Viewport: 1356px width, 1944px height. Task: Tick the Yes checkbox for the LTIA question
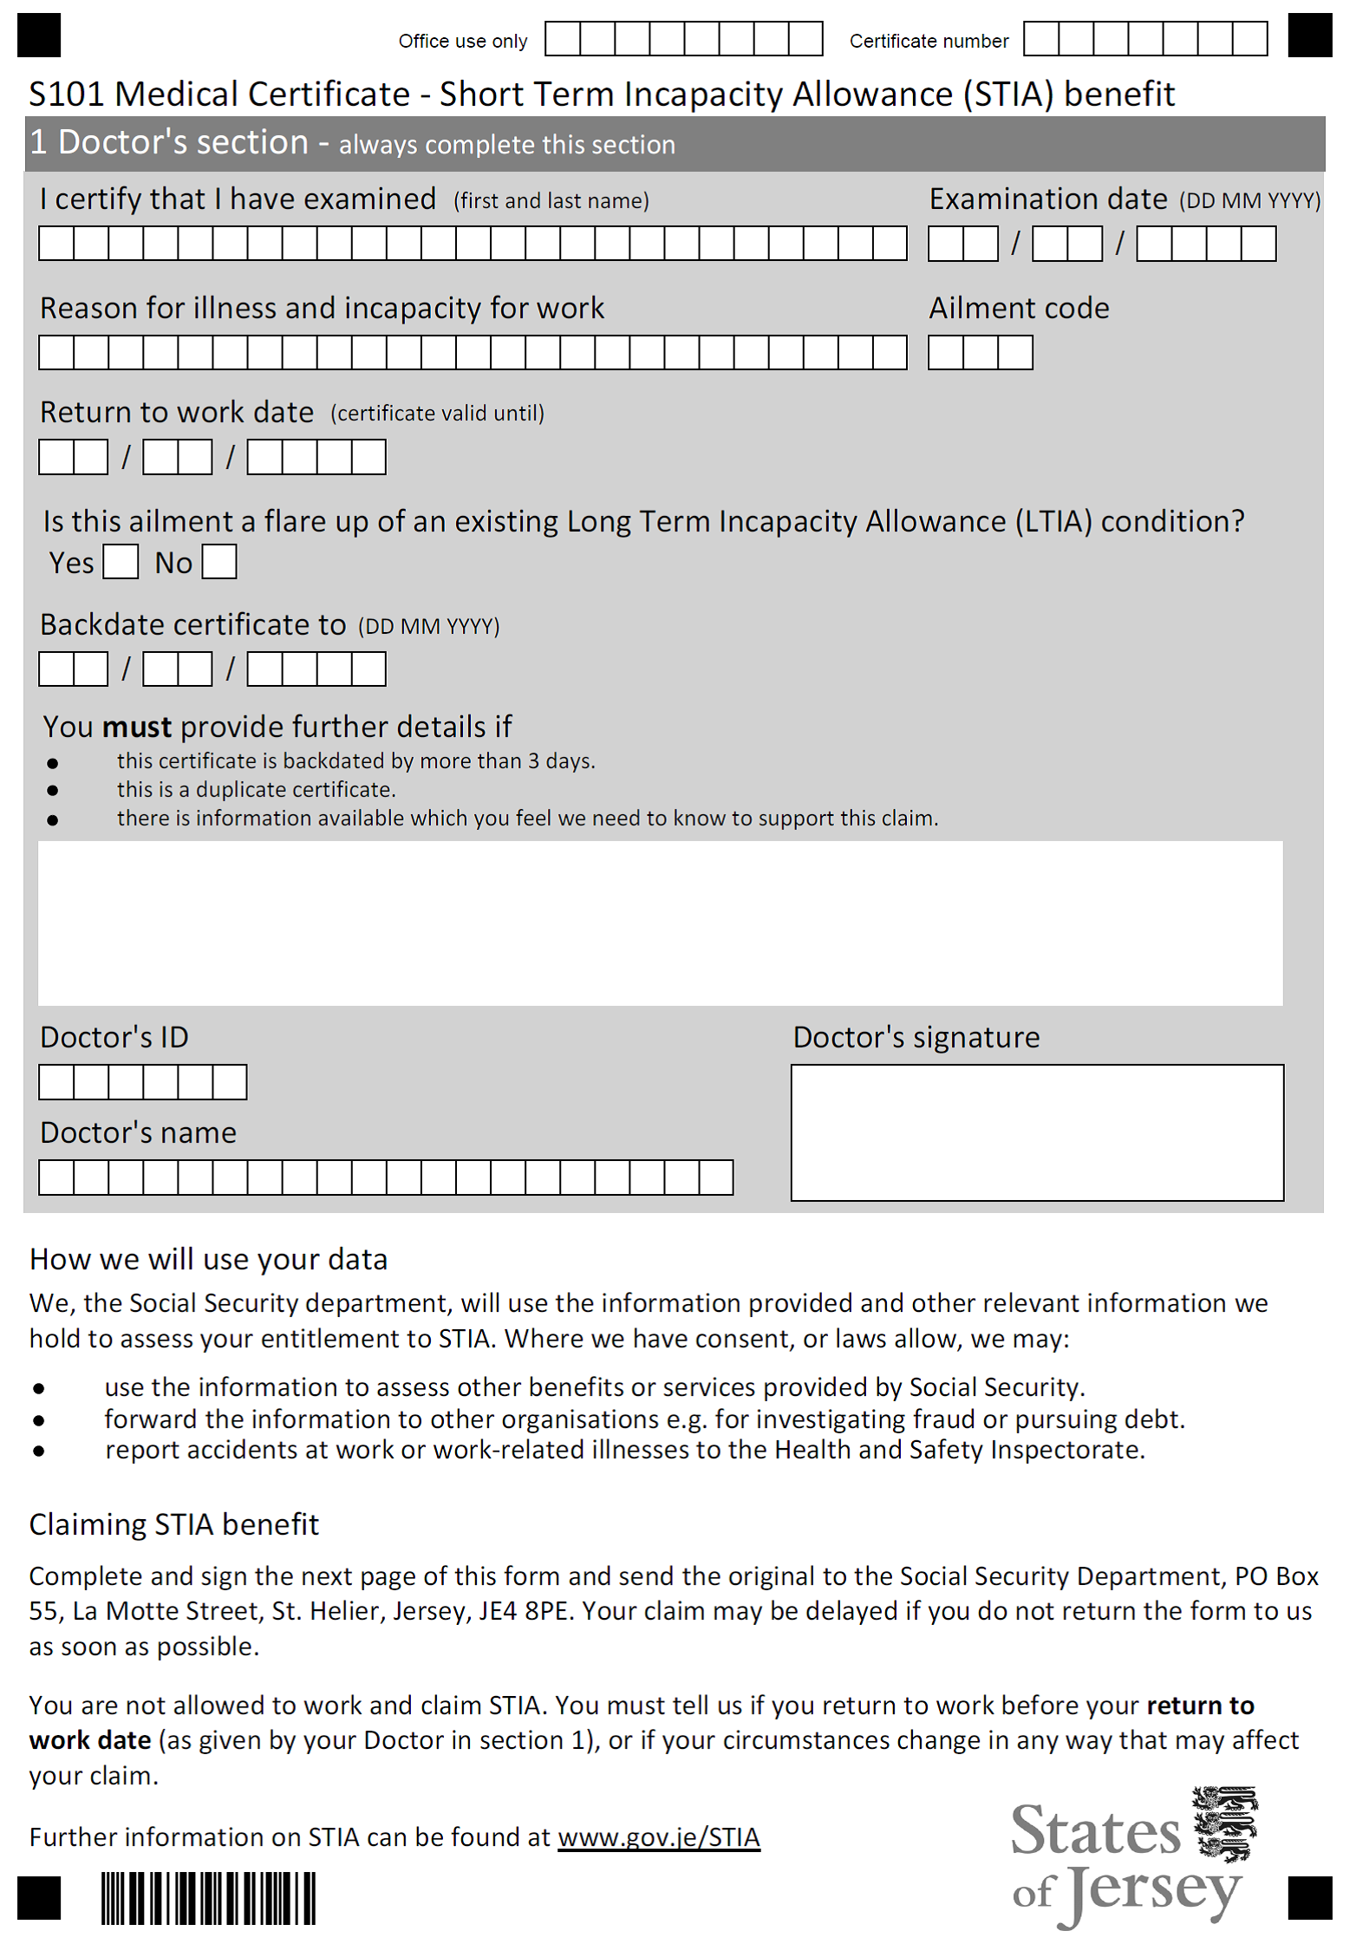click(x=121, y=562)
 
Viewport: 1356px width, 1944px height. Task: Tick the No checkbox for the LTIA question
click(x=219, y=562)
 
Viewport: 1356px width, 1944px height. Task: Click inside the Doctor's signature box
click(x=1036, y=1132)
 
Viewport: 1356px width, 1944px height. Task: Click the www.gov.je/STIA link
click(x=658, y=1836)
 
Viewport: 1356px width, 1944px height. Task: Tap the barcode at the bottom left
click(x=208, y=1899)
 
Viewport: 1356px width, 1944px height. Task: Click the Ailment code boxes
click(x=980, y=353)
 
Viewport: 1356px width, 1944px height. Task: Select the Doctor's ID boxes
click(x=143, y=1082)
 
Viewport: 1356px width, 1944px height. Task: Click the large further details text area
click(x=659, y=923)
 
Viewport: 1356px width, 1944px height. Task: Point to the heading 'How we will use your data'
click(x=208, y=1259)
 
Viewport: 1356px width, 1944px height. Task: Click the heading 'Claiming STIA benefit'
click(x=173, y=1524)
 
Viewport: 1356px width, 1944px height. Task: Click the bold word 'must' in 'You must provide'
click(x=137, y=727)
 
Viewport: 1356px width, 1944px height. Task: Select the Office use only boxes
click(x=683, y=39)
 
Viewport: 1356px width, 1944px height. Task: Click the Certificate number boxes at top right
click(x=1144, y=39)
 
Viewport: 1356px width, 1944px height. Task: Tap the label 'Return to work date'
click(x=177, y=412)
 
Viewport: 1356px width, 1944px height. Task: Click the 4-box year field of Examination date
click(x=1205, y=244)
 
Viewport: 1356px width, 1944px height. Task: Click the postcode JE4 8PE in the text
click(x=525, y=1611)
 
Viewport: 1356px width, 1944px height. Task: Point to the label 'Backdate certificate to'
click(x=192, y=624)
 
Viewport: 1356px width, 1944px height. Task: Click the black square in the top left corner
click(x=39, y=36)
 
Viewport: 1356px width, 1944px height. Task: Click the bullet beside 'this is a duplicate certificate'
click(x=53, y=791)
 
